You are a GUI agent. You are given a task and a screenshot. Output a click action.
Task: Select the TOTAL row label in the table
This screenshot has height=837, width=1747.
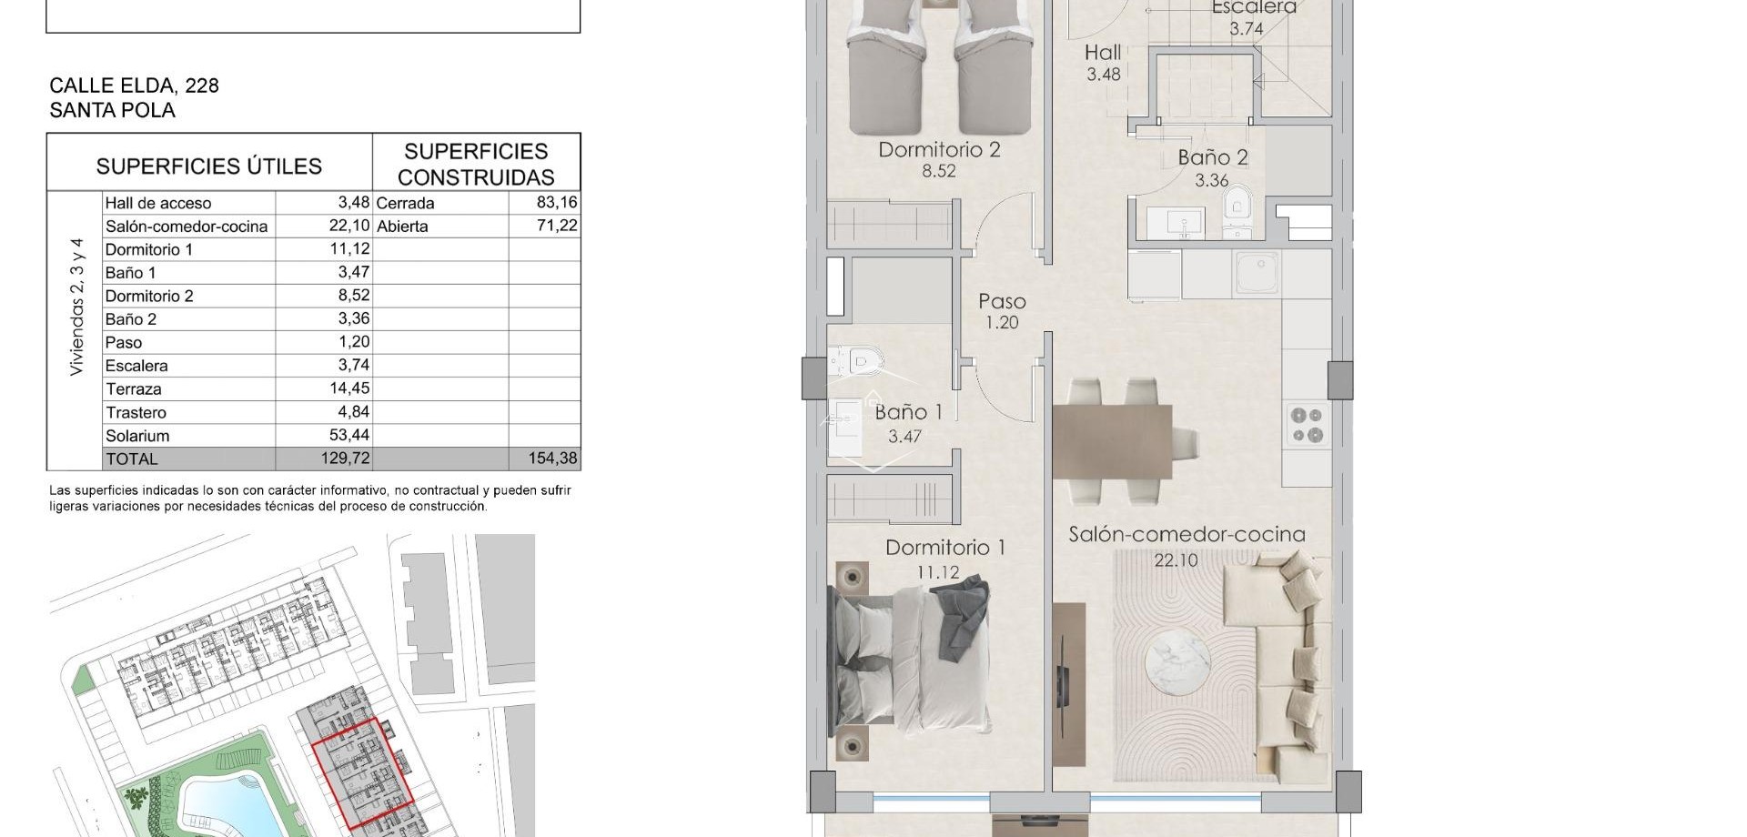[132, 459]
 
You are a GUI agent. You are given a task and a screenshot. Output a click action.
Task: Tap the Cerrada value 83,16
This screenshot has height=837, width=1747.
[557, 202]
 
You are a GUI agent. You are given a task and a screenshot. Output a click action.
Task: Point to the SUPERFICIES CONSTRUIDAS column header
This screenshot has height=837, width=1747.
[476, 164]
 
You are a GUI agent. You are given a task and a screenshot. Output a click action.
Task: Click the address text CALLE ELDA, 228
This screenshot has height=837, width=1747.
[134, 86]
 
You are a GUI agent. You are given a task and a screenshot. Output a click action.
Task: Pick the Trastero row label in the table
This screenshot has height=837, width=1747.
[136, 412]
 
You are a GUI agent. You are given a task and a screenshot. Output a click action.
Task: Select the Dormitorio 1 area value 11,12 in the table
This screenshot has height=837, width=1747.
[349, 249]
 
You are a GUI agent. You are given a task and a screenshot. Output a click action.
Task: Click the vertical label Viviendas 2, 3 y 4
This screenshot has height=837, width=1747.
[76, 308]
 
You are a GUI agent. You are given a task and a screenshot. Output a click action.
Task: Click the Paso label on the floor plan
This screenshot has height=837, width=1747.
[1002, 301]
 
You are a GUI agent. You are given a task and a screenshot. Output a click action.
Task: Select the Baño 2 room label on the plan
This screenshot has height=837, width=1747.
[1212, 157]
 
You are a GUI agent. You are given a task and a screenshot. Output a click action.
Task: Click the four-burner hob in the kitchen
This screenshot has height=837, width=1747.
[1307, 426]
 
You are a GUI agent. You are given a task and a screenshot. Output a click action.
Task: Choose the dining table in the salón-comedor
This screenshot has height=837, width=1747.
[1112, 441]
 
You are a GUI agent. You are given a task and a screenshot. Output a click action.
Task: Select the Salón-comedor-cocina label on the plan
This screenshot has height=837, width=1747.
[1187, 535]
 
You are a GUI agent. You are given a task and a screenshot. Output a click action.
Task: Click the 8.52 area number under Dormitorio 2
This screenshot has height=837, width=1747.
[938, 170]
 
